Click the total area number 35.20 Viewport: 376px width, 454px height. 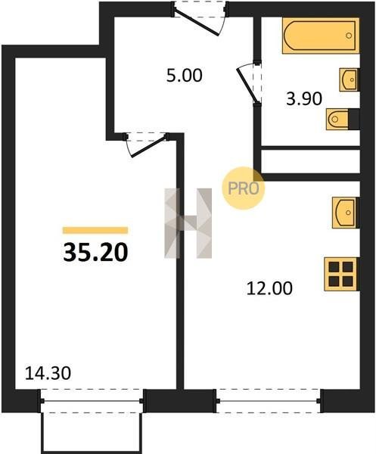[95, 252]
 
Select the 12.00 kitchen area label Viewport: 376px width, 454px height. [269, 288]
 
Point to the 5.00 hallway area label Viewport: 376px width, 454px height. [185, 75]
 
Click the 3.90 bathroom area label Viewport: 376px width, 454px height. [304, 98]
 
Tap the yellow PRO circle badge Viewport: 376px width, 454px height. [244, 188]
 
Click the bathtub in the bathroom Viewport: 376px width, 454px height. [321, 36]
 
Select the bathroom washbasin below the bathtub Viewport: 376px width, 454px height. [350, 79]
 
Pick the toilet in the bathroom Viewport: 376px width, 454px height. [343, 119]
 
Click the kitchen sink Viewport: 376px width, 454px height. [346, 213]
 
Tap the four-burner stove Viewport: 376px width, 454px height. [341, 274]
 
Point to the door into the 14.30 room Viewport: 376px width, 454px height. [147, 145]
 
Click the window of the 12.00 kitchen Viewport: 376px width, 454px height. [269, 401]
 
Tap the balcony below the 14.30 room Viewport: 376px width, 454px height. [92, 433]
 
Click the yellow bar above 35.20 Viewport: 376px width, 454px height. [95, 230]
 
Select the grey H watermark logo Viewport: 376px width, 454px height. [188, 223]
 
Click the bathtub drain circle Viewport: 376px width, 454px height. [349, 36]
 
